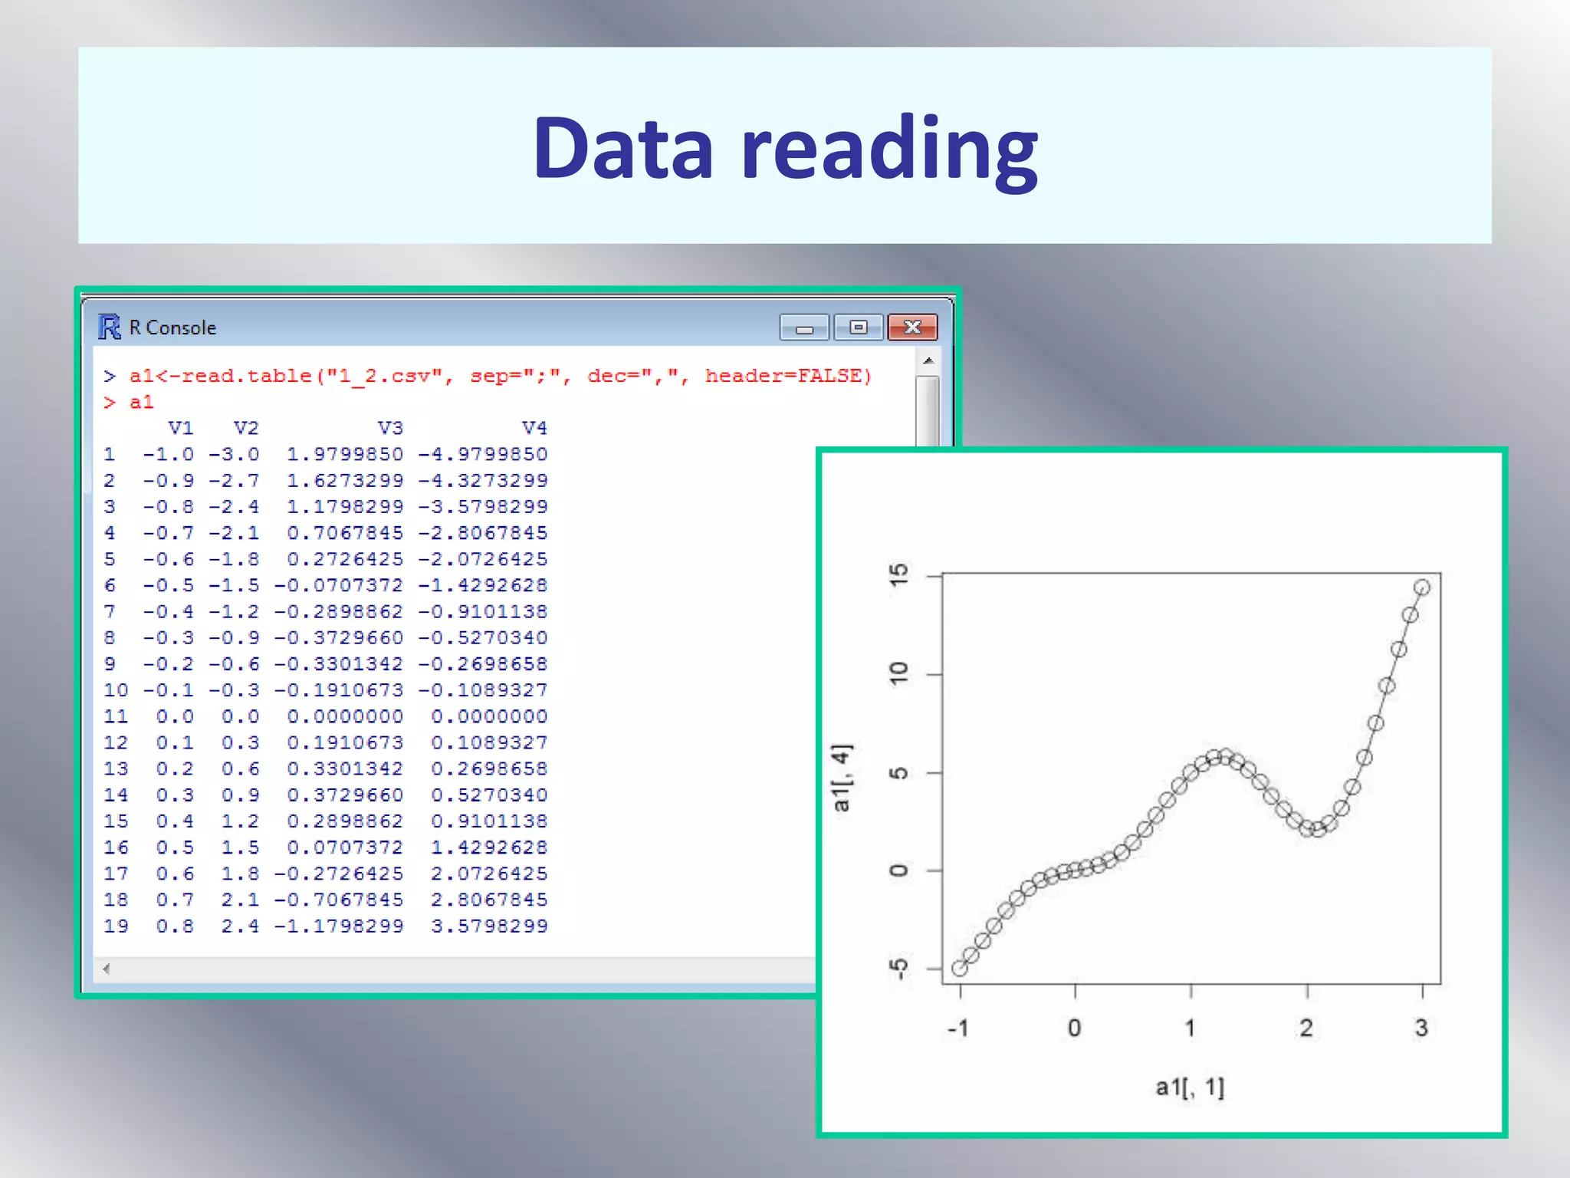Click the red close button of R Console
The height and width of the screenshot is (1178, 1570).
point(911,327)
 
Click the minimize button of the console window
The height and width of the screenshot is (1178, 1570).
point(803,328)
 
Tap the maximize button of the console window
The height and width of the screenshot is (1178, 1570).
point(858,327)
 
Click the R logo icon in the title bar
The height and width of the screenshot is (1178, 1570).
point(110,327)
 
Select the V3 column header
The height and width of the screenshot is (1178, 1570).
point(389,428)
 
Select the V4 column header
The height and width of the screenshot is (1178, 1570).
point(534,428)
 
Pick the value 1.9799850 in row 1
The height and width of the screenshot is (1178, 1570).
point(344,454)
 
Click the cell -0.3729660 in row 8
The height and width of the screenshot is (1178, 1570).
point(338,637)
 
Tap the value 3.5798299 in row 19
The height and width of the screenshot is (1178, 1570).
point(489,926)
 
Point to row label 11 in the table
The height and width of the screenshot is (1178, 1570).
point(116,716)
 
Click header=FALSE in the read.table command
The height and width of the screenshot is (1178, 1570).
point(788,376)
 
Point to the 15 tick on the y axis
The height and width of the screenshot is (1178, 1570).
point(898,574)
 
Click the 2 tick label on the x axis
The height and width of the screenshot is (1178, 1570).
point(1306,1028)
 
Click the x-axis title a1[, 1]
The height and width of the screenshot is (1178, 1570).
point(1190,1087)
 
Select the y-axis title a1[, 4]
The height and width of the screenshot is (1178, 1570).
point(841,777)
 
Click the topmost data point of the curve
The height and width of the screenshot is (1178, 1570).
point(1421,587)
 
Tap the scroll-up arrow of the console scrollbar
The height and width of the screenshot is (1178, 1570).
point(928,360)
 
